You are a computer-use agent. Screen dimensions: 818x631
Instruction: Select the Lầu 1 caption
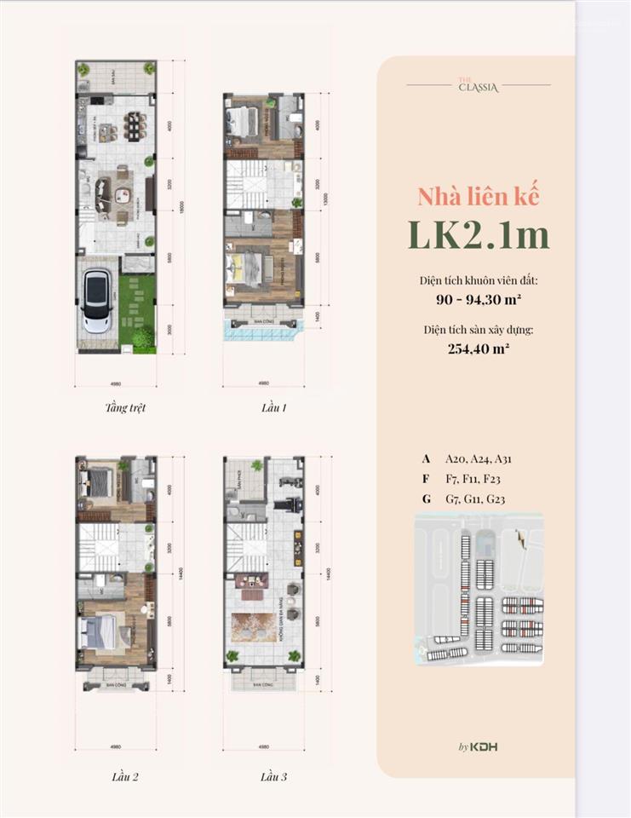coord(273,407)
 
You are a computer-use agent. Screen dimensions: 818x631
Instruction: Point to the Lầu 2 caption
coord(124,776)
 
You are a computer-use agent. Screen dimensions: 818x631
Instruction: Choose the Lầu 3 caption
coord(273,776)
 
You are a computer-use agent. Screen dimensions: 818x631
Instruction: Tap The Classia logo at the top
coord(478,84)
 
